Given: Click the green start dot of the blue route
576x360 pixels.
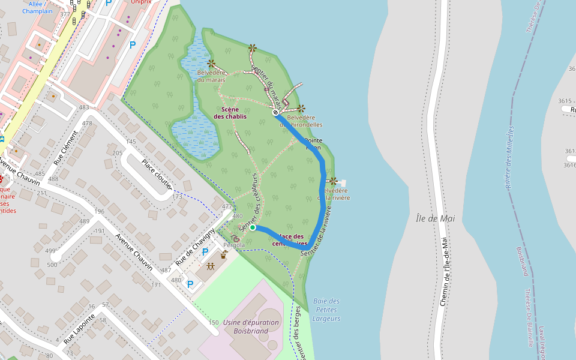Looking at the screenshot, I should (x=253, y=227).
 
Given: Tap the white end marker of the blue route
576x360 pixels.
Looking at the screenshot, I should (x=275, y=112).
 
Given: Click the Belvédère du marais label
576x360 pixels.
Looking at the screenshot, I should (x=211, y=76).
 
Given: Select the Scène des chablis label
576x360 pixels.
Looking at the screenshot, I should (x=230, y=113).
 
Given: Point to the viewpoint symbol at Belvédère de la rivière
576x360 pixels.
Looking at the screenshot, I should (x=333, y=181).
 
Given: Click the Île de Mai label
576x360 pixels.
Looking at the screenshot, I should (x=435, y=218).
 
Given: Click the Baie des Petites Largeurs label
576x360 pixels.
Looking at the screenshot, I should (x=326, y=310).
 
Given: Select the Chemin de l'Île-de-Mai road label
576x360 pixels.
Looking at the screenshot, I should (x=445, y=271).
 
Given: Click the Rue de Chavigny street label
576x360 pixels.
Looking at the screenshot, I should (x=196, y=248).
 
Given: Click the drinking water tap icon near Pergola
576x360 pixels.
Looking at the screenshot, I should (x=224, y=254).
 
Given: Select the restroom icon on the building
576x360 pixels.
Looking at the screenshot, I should (x=211, y=266).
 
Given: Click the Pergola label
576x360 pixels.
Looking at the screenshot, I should (x=234, y=245).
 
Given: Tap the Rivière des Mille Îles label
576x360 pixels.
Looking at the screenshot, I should (x=510, y=157).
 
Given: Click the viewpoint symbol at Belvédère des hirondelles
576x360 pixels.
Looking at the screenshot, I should (x=301, y=109).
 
